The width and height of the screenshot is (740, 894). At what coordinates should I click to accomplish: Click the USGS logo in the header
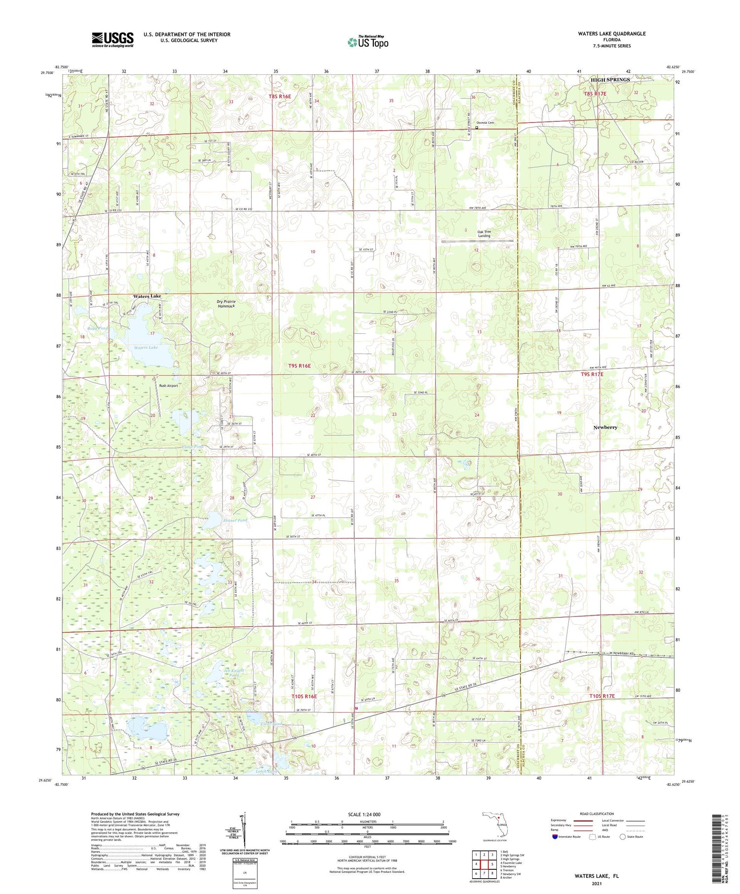pos(112,39)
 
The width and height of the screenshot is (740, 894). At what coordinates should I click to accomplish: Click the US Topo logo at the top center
pos(368,42)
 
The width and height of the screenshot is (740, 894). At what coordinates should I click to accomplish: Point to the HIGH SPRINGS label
pos(610,79)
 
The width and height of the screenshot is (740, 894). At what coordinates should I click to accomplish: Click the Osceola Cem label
pos(484,122)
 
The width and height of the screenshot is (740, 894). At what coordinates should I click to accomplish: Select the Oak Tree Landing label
pos(484,234)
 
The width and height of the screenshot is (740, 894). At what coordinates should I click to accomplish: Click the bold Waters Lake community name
pos(147,296)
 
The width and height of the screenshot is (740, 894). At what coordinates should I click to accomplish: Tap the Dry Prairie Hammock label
pos(226,304)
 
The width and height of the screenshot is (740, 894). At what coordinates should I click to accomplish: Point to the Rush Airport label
pos(168,386)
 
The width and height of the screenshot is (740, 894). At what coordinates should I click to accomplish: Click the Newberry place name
pos(605,427)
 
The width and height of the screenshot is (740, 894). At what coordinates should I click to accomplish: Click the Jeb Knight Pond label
pos(234,673)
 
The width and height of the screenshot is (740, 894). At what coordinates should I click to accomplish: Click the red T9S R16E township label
pos(299,366)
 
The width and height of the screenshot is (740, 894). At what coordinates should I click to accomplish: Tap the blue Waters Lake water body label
pos(146,348)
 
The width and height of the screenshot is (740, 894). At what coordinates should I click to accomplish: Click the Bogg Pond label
pos(98,328)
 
